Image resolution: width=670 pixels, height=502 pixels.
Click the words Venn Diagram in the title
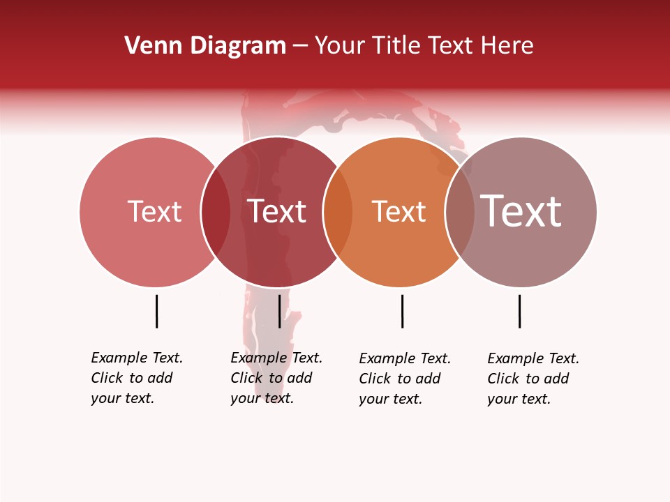tap(205, 46)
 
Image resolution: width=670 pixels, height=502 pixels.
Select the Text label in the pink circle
tap(154, 211)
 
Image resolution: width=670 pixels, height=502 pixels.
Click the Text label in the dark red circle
tap(277, 211)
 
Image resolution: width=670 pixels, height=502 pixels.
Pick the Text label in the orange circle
tap(399, 212)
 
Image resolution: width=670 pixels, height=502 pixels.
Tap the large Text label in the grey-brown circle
tap(521, 211)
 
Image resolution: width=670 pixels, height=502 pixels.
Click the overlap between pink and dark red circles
tap(216, 212)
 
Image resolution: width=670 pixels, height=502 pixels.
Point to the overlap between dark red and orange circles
tap(338, 212)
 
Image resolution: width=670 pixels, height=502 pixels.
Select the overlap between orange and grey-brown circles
tap(460, 212)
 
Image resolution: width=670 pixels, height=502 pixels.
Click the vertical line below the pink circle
tap(156, 311)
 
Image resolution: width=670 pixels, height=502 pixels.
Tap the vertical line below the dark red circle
tap(279, 311)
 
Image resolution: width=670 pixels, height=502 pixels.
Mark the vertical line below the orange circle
tap(402, 311)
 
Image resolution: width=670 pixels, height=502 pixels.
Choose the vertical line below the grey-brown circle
tap(519, 311)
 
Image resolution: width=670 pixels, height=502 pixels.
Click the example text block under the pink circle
tap(137, 378)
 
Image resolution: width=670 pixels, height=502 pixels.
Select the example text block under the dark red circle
tap(276, 378)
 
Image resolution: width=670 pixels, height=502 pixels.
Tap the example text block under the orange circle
tap(405, 379)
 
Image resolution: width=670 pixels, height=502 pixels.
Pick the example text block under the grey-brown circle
tap(533, 379)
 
